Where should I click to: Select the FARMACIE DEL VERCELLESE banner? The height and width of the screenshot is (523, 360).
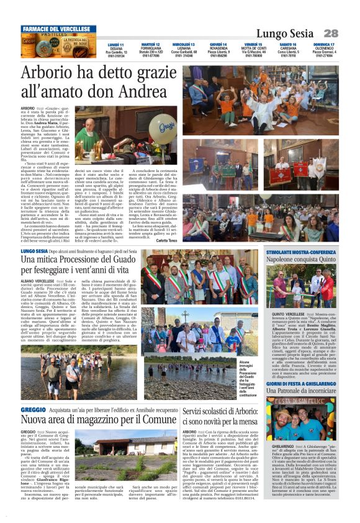58,29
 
